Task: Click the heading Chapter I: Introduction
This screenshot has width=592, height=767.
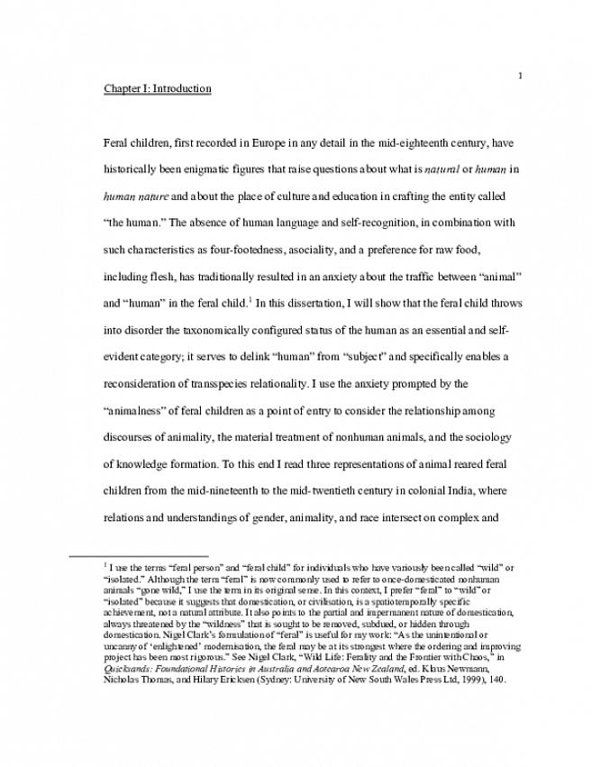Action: pyautogui.click(x=158, y=89)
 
